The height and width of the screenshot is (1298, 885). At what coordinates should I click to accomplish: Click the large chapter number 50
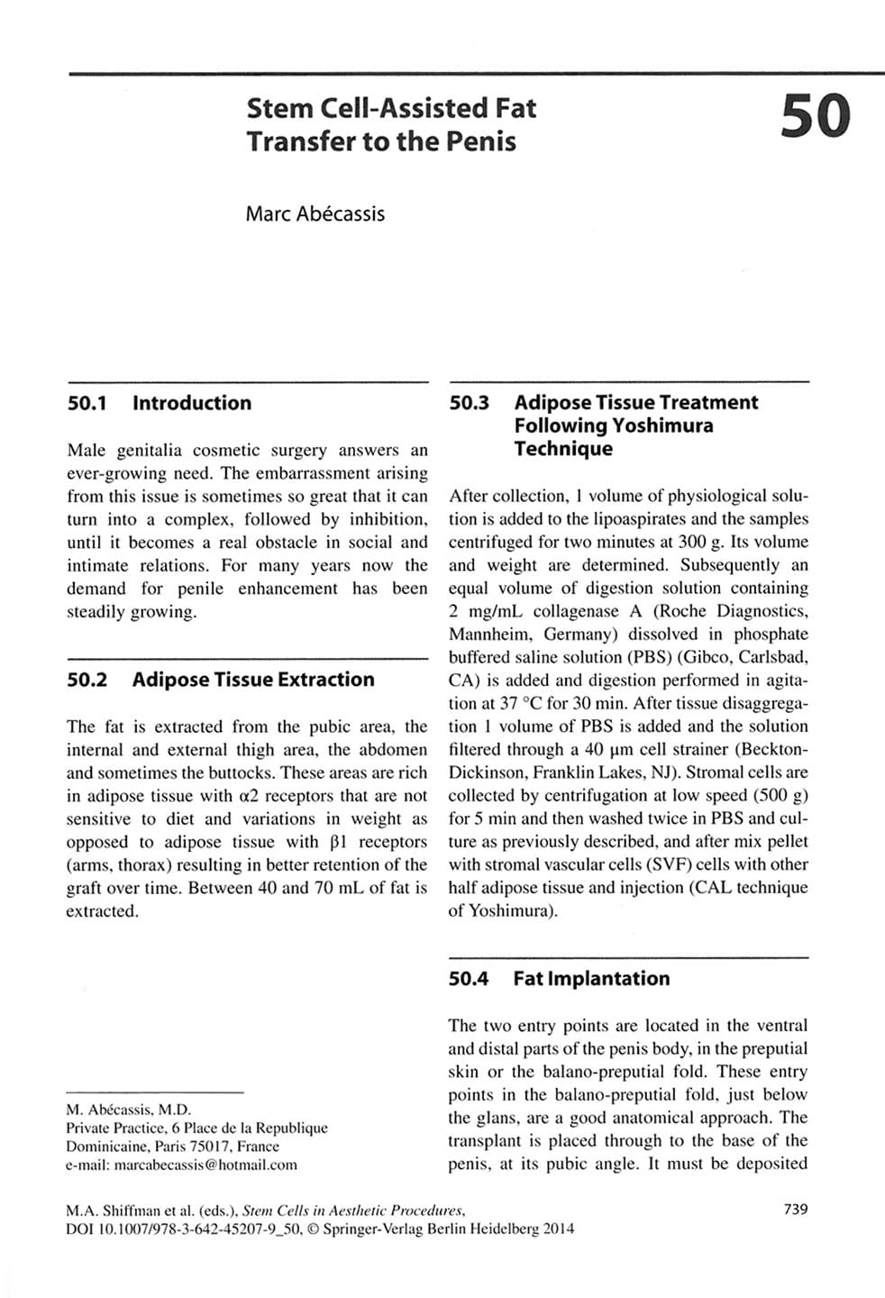click(x=816, y=118)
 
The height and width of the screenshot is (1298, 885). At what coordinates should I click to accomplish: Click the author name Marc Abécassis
click(x=315, y=215)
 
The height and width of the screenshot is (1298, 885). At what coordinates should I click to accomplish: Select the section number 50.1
click(x=87, y=403)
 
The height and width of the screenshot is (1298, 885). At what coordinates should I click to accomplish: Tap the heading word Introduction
click(x=192, y=403)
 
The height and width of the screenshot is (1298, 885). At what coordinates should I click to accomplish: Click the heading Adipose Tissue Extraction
click(x=253, y=680)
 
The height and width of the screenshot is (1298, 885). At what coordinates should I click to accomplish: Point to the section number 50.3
click(x=469, y=403)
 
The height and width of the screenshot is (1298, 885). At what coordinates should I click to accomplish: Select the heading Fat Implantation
click(x=591, y=978)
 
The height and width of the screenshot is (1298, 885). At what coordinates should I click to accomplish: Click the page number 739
click(x=796, y=1210)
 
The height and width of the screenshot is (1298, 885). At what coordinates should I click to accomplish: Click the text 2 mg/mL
click(x=485, y=611)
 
